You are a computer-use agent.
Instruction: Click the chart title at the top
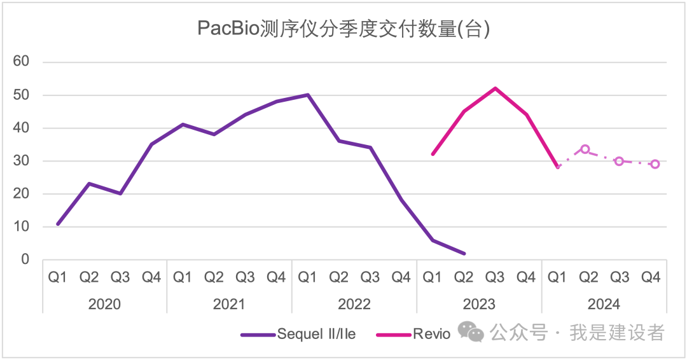(x=343, y=29)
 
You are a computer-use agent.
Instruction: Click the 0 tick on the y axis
(x=25, y=260)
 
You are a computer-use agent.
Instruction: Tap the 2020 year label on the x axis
(x=104, y=304)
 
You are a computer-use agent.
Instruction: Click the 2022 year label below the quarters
(x=354, y=304)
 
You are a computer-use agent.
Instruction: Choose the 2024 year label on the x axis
(x=604, y=304)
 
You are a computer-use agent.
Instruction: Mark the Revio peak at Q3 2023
(x=495, y=88)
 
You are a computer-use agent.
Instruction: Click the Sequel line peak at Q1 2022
(x=308, y=95)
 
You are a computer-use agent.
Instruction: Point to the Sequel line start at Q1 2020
(x=58, y=224)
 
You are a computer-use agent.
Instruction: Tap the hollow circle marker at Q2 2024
(x=585, y=149)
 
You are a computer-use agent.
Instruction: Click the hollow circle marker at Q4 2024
(x=655, y=164)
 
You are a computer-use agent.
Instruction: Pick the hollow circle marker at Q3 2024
(x=619, y=162)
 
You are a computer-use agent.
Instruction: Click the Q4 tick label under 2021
(x=276, y=277)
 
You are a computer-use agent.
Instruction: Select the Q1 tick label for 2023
(x=433, y=277)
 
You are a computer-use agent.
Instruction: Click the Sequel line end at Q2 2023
(x=464, y=253)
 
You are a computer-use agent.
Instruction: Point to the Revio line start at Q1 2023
(x=433, y=154)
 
